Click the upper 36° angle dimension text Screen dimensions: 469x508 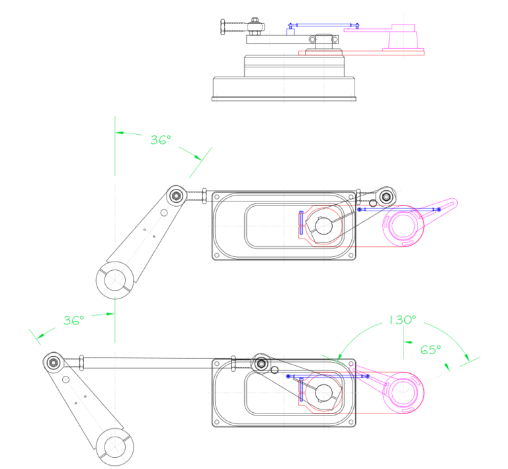tap(160, 140)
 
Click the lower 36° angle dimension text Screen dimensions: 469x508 tap(73, 320)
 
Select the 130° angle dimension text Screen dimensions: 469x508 tap(402, 320)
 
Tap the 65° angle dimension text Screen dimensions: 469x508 tap(431, 349)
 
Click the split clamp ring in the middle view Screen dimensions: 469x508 tap(116, 278)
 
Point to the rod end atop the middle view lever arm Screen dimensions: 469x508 tap(177, 195)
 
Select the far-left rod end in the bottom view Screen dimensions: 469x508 tap(53, 361)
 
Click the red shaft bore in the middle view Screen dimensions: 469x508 tap(323, 226)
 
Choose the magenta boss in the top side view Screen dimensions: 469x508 tap(402, 36)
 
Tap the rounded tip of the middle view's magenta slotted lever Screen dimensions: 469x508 tap(452, 201)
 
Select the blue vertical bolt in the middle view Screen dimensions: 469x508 tap(301, 223)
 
